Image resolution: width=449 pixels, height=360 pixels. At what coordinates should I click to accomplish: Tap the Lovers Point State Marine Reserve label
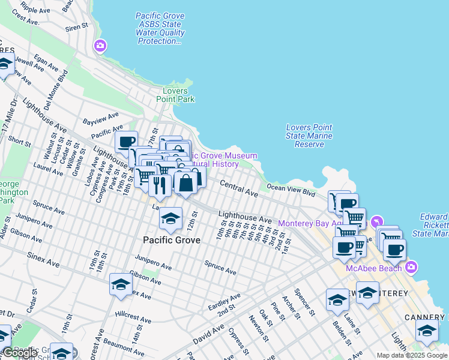coord(309,136)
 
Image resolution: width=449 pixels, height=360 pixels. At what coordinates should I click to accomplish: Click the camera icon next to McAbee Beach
coord(411,266)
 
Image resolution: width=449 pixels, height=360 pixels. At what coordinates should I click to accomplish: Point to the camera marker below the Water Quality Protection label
coord(100,46)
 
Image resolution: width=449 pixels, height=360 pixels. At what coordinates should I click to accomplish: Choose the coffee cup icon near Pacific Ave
coord(127,142)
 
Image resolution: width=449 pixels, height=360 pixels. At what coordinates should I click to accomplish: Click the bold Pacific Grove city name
coord(171,240)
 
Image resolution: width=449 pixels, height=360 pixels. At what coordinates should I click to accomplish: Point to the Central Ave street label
coord(238,188)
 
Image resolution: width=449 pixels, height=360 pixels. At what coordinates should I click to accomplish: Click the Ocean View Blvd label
coord(291,190)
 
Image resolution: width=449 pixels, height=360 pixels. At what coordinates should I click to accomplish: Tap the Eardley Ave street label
coord(224,301)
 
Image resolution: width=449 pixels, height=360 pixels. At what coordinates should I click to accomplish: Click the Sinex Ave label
coord(43,259)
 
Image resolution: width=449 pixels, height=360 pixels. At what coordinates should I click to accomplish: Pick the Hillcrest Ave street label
coord(133,317)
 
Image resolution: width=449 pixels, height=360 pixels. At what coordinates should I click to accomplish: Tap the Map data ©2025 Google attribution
coord(412,355)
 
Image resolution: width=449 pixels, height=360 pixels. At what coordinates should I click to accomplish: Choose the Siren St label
coord(77,27)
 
